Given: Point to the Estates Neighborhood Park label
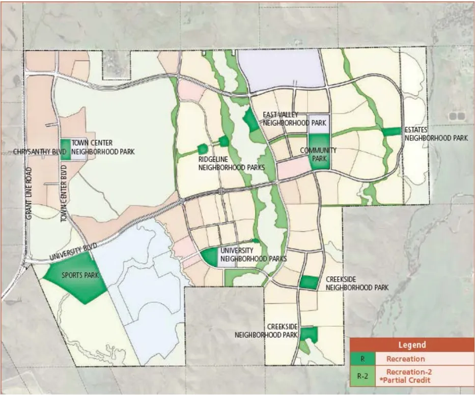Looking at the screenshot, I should coord(436,134).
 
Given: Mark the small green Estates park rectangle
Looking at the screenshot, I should coord(392,131).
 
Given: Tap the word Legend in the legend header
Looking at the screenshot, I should coord(411,345).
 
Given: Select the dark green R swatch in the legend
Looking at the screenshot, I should coord(362,359).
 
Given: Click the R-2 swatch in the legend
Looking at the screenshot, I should coord(362,377).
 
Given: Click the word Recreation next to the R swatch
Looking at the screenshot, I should coord(405,359).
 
